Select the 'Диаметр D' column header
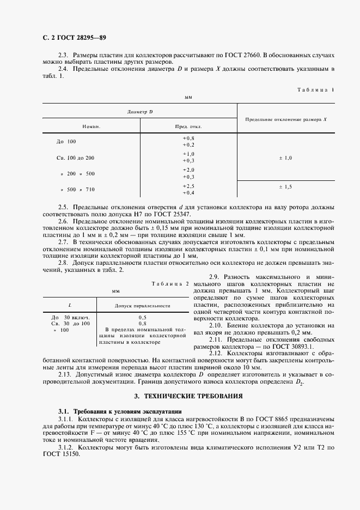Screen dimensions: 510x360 [x=140, y=111]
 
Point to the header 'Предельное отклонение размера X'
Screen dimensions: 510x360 [x=285, y=118]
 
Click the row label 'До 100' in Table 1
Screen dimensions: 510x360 [x=66, y=142]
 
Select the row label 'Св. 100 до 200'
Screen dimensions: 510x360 [x=75, y=157]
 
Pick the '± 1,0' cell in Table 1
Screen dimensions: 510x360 [x=285, y=157]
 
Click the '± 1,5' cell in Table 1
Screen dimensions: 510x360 [x=285, y=187]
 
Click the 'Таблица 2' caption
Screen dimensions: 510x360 [x=170, y=284]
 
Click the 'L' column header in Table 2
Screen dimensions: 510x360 [x=69, y=306]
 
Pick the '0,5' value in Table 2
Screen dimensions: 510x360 [x=142, y=317]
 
